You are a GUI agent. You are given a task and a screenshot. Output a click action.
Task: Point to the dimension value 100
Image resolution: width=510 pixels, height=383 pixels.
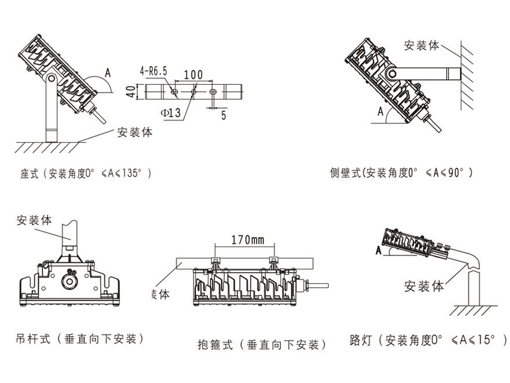(x=193, y=75)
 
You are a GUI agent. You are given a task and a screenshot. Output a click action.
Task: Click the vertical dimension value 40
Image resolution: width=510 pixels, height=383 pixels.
(x=131, y=92)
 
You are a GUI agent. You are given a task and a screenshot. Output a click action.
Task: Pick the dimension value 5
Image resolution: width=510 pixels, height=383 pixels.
(x=223, y=114)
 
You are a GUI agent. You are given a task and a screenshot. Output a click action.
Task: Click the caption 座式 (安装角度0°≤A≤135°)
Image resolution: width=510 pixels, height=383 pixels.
(x=85, y=174)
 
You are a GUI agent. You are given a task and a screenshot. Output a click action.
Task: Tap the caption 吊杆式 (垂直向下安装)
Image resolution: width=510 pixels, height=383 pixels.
(x=79, y=338)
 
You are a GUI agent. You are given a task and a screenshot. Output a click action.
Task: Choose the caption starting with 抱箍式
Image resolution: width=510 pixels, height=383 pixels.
(x=262, y=345)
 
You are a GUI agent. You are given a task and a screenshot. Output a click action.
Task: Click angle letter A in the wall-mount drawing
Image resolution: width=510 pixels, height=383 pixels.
(x=380, y=111)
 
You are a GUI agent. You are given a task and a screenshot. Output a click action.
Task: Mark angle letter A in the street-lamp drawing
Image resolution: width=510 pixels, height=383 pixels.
(x=378, y=250)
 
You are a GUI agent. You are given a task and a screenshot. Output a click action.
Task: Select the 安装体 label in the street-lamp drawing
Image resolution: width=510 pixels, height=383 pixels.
(x=424, y=286)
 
